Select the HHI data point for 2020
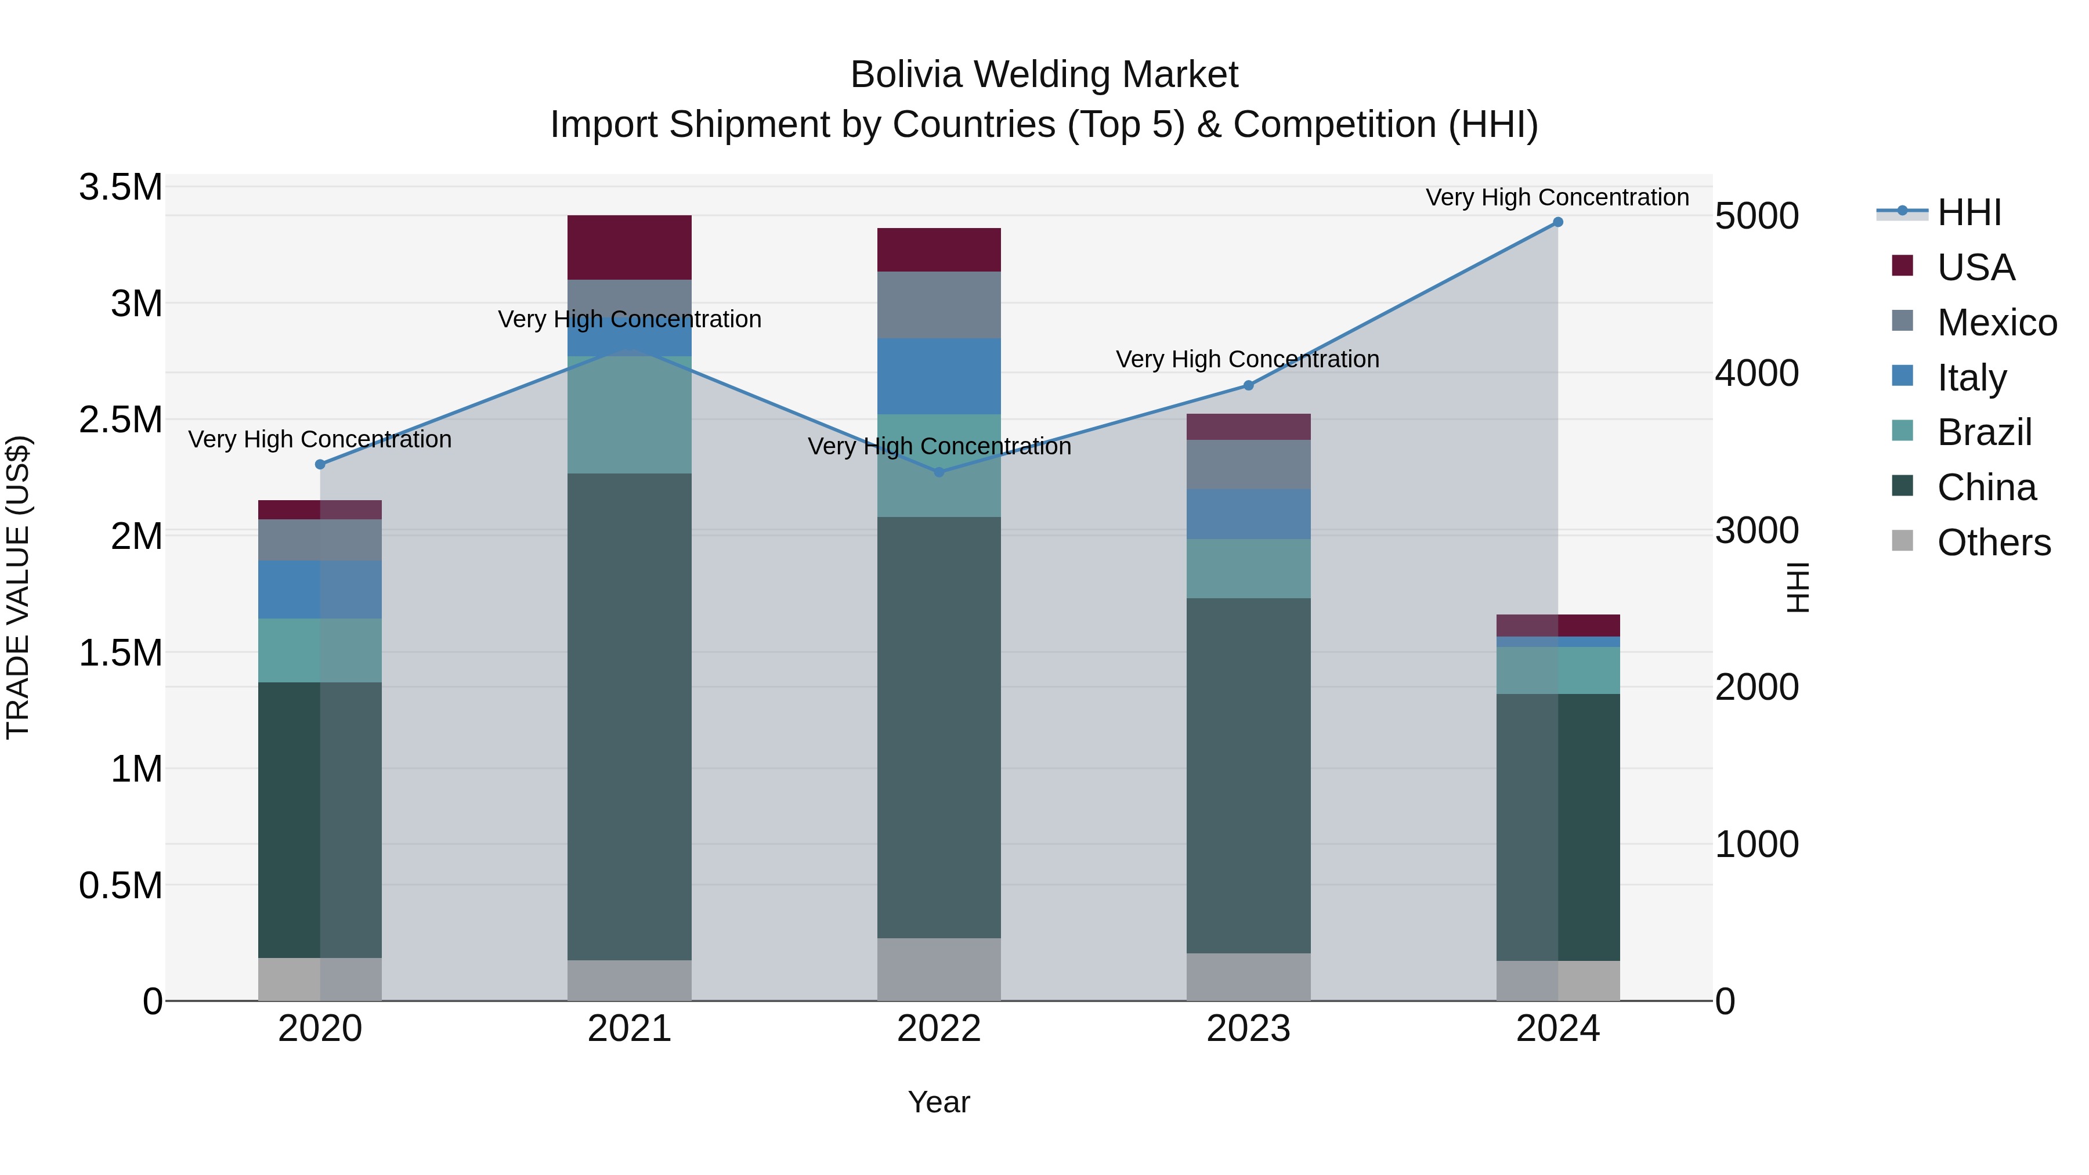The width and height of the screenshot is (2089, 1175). pos(320,465)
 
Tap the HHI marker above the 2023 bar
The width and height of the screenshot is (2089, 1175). pos(1248,385)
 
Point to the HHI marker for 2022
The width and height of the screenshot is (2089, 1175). pos(939,472)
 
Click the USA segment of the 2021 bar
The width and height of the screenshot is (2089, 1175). pos(629,247)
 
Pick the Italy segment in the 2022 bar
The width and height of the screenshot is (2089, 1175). pos(939,376)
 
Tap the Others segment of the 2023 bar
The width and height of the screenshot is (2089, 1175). pos(1248,977)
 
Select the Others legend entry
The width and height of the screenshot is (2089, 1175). pos(1993,543)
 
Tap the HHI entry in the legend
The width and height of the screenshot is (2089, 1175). pos(1968,212)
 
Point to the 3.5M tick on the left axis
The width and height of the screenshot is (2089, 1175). pos(120,187)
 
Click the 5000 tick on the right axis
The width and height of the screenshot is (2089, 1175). pos(1757,216)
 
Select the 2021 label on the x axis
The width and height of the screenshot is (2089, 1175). pos(629,1029)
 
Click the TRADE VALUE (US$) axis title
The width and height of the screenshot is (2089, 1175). pos(18,587)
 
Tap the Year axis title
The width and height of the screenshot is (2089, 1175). pos(938,1102)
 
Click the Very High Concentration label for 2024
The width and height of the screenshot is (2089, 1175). pos(1557,197)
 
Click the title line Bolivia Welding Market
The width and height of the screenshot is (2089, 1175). pos(1044,75)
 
